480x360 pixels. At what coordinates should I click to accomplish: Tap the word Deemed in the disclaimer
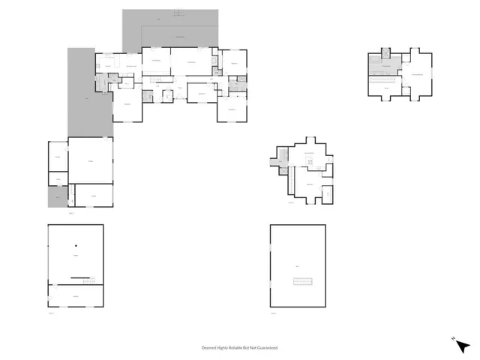(210, 348)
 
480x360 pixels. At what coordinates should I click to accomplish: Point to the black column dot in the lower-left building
(76, 245)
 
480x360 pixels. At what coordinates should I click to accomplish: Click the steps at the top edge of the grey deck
(178, 13)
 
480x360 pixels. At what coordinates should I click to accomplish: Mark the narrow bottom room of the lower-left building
(76, 297)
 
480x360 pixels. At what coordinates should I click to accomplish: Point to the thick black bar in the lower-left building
(82, 278)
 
